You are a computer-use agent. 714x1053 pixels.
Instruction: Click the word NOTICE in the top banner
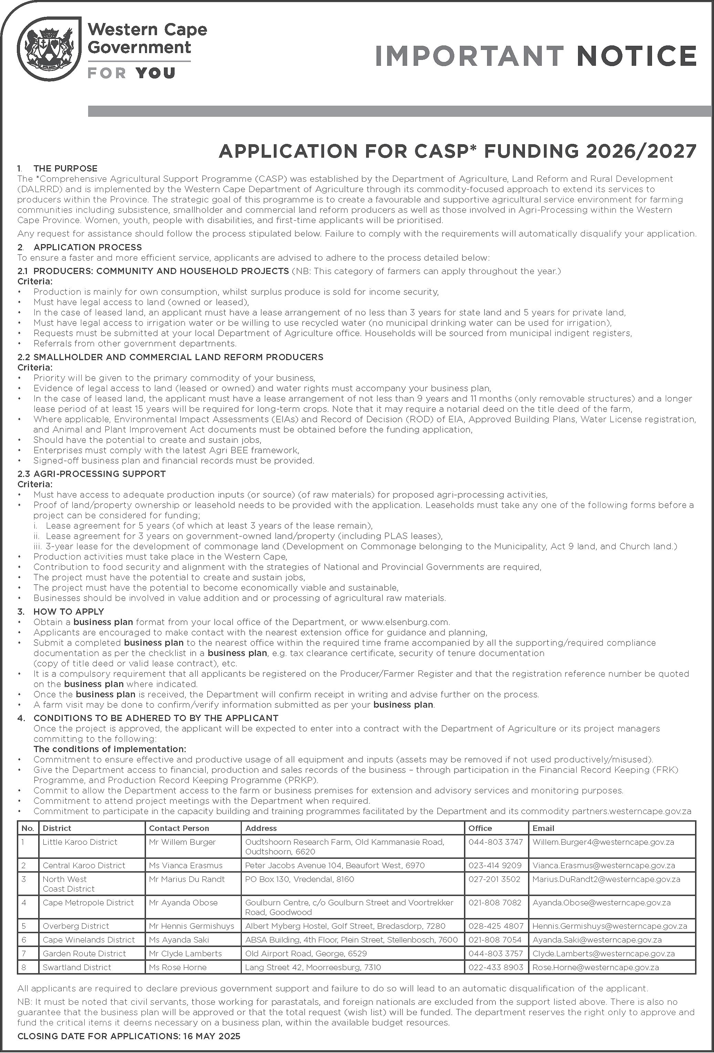click(637, 56)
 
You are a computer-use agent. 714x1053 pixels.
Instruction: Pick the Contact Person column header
click(179, 828)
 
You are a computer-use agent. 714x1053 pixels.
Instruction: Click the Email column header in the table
click(543, 828)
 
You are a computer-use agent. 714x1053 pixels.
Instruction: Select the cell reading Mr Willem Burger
click(182, 842)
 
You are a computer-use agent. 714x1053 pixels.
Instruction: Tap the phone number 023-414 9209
click(495, 865)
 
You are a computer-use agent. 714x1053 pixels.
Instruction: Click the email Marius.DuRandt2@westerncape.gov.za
click(606, 879)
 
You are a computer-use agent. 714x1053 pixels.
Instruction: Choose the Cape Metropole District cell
click(88, 902)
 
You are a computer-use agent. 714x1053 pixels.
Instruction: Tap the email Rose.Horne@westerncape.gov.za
click(595, 967)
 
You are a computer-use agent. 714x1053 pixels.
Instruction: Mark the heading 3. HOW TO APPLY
click(69, 611)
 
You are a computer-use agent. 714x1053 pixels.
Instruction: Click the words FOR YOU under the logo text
click(132, 73)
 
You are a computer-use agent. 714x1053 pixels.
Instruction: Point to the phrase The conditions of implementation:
click(109, 749)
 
